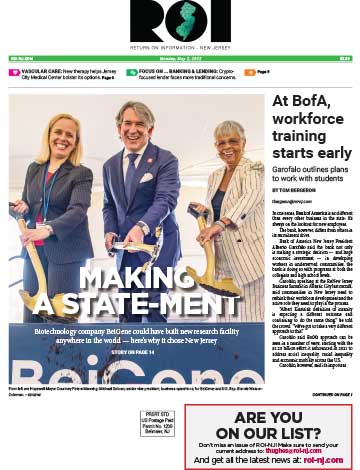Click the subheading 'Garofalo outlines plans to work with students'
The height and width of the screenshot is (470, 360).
click(x=309, y=171)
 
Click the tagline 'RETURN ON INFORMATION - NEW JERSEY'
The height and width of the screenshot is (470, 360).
click(x=180, y=46)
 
